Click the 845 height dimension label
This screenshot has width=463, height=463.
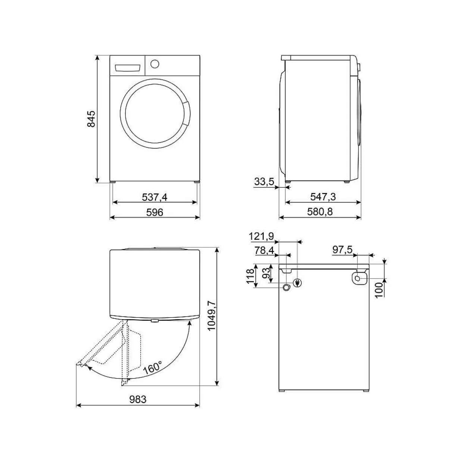tap(91, 119)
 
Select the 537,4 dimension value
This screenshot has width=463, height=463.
tap(155, 197)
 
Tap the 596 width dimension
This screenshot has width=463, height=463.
tap(155, 212)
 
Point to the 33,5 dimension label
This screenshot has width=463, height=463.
tap(264, 181)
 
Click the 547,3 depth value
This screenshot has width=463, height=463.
tap(323, 197)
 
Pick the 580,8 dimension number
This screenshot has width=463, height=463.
tap(320, 212)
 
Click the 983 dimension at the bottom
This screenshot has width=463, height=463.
tap(138, 400)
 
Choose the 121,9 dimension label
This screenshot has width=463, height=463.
tap(261, 236)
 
